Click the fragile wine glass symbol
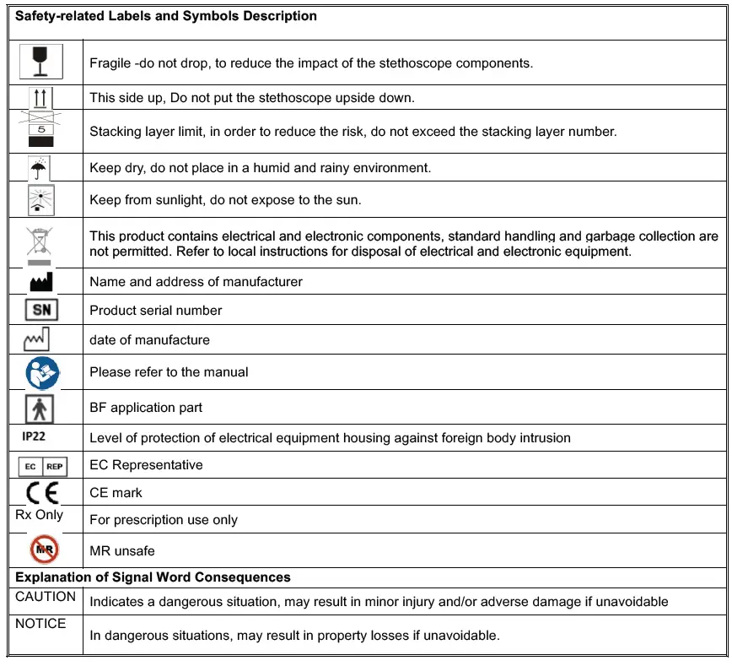tap(41, 62)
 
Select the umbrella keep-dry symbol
tap(39, 168)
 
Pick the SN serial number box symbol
tap(41, 310)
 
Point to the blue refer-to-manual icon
tap(41, 371)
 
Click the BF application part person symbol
tap(40, 407)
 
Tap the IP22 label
tap(34, 436)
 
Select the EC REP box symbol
tap(42, 465)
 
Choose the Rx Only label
tap(39, 514)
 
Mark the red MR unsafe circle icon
tap(43, 550)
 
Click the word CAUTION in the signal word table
tap(46, 596)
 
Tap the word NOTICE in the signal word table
tap(40, 623)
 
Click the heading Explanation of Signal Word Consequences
tap(153, 577)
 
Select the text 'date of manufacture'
tap(149, 340)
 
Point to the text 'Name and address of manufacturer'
tap(196, 282)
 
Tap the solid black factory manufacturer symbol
tap(41, 281)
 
